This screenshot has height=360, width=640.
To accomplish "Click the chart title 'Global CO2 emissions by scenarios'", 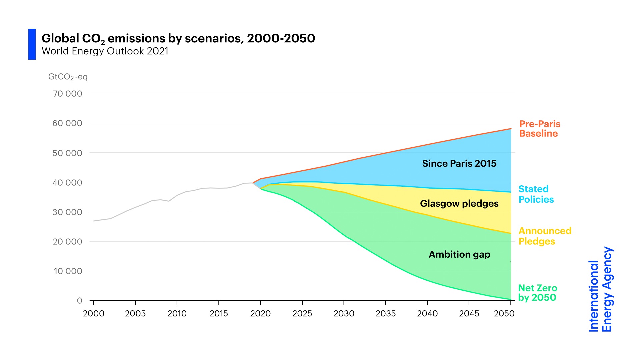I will tap(178, 39).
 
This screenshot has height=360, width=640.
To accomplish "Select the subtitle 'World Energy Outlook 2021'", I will tap(105, 51).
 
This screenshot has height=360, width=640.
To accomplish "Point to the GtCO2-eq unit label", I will tap(68, 77).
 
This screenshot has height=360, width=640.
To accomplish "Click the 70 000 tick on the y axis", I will tap(67, 94).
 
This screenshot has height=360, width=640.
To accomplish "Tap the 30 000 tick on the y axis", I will tap(67, 212).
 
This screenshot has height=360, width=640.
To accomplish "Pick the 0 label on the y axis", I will tap(79, 301).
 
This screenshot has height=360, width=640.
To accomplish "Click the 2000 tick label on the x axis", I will tap(94, 314).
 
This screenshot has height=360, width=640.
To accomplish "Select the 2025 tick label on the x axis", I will tap(302, 314).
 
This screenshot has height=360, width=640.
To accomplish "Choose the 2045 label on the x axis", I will tap(469, 314).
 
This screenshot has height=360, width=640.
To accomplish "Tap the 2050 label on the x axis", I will tap(504, 314).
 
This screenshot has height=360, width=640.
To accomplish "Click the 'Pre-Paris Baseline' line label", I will tap(540, 129).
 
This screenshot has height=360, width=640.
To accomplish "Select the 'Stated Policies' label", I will tap(536, 194).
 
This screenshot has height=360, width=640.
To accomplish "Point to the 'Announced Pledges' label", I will tap(545, 236).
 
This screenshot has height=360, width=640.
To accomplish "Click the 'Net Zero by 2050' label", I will tap(537, 293).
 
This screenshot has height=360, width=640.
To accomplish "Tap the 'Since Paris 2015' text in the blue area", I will tap(459, 164).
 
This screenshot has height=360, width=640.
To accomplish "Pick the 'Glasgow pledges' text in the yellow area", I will tap(459, 204).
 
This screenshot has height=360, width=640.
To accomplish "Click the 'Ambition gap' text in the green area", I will tap(459, 255).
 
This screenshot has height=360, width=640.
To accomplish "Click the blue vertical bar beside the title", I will tap(32, 44).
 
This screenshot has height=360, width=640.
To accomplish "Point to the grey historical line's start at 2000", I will tap(94, 221).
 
